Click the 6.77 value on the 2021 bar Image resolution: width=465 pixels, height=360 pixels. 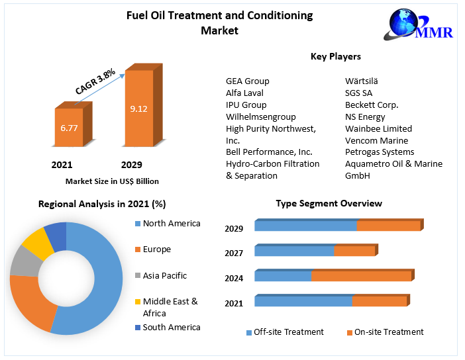[69, 128]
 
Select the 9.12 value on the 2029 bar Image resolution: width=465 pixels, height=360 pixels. [138, 109]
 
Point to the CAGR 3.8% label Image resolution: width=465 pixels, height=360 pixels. [95, 80]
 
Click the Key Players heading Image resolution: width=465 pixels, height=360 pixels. [335, 57]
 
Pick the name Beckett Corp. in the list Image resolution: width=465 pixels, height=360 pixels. [371, 105]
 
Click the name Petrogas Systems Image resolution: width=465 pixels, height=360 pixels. [380, 152]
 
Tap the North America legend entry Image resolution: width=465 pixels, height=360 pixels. [171, 224]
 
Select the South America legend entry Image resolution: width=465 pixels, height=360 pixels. [171, 327]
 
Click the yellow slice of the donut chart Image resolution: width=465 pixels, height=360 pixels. [38, 242]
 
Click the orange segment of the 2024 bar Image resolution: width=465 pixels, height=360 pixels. [361, 276]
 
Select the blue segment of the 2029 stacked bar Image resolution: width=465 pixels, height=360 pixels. [305, 226]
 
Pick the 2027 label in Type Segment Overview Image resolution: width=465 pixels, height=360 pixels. [234, 253]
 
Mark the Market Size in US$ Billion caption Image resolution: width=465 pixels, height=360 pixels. [112, 181]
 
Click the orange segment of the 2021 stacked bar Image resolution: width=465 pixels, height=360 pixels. [379, 301]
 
